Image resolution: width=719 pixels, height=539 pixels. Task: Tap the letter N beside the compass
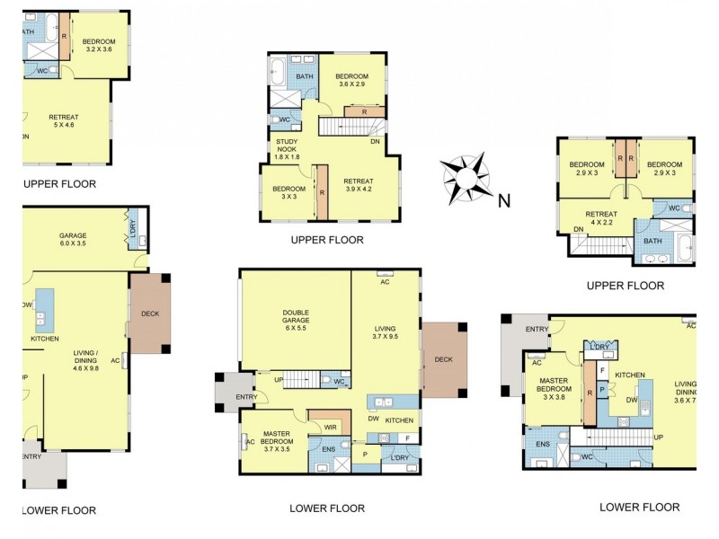click(x=505, y=201)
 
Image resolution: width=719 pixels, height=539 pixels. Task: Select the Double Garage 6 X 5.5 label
click(x=295, y=318)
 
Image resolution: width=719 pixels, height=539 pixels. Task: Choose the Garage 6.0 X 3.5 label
click(x=73, y=240)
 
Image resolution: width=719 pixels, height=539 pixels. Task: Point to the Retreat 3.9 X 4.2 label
click(x=358, y=185)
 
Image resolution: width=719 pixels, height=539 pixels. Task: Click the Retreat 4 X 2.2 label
click(x=600, y=218)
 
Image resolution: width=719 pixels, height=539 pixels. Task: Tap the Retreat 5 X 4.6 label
click(x=63, y=121)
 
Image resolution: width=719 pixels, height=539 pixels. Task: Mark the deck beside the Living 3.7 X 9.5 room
click(x=444, y=358)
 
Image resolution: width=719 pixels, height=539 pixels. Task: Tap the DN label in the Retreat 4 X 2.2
click(x=578, y=230)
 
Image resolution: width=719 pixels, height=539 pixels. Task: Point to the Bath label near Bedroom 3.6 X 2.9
click(x=305, y=76)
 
